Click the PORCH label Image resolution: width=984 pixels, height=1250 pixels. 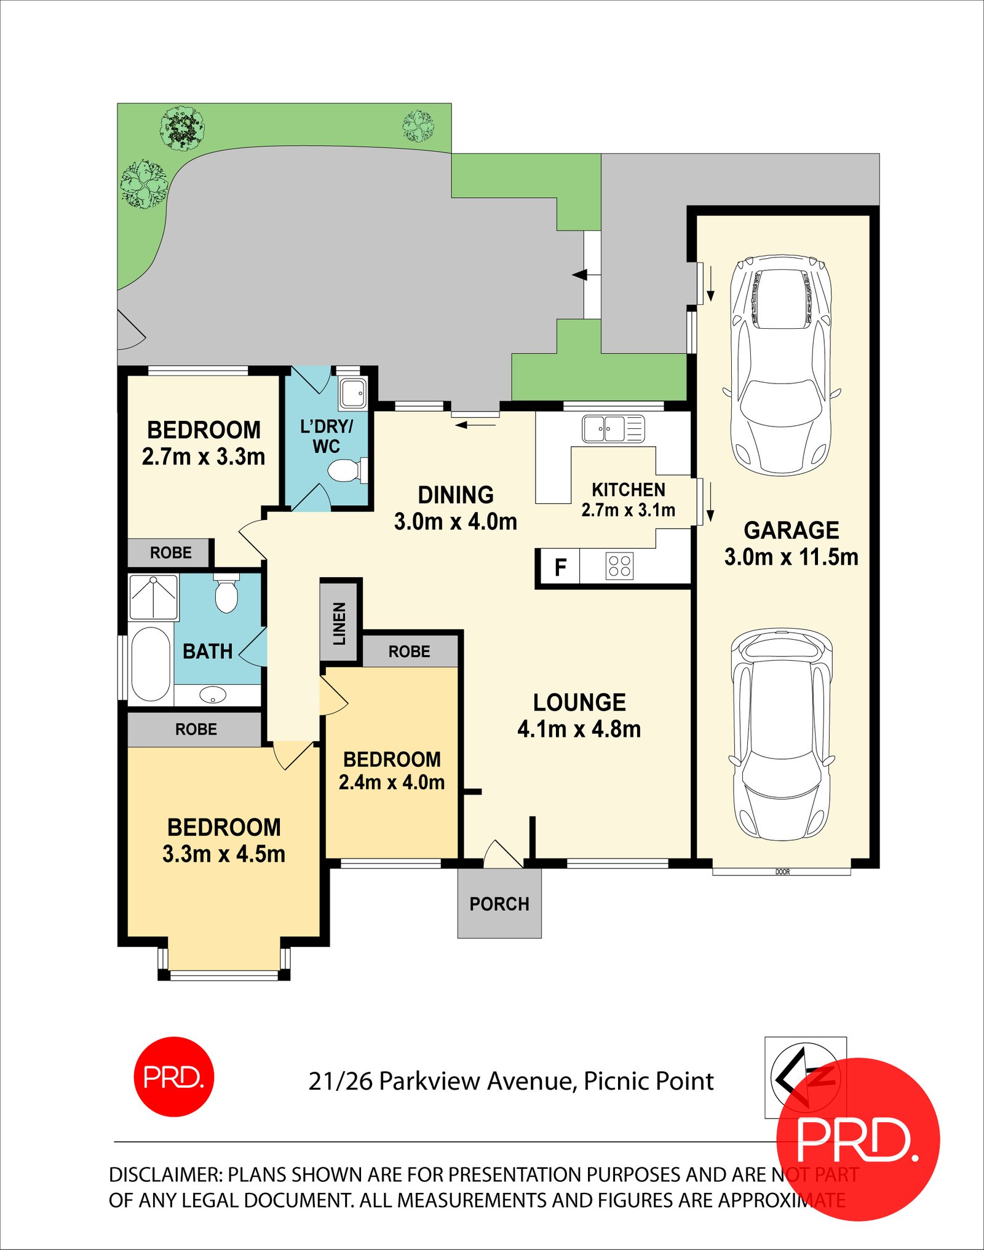click(499, 904)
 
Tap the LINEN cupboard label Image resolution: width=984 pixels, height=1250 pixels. click(339, 624)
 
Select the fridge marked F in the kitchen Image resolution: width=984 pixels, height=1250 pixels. click(560, 567)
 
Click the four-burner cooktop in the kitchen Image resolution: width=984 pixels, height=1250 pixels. click(619, 566)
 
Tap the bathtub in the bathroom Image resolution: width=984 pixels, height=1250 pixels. click(151, 663)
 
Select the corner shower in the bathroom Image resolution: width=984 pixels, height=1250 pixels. click(153, 596)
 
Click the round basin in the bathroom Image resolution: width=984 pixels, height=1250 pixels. click(213, 695)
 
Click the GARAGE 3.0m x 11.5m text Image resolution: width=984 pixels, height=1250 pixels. click(791, 543)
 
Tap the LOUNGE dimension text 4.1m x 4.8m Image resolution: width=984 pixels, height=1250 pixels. click(579, 729)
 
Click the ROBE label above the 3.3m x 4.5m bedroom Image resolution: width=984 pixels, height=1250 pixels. click(196, 729)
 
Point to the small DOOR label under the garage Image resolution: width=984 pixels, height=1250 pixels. click(782, 871)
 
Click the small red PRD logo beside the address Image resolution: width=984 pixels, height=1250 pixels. click(174, 1077)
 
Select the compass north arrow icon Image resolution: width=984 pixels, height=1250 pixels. click(799, 1076)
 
